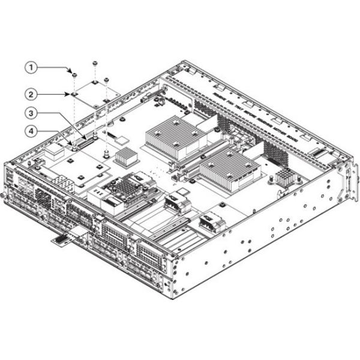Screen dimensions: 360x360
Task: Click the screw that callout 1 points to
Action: point(73,75)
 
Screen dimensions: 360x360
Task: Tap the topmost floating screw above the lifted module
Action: point(95,63)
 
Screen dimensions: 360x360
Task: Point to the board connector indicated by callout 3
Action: point(91,139)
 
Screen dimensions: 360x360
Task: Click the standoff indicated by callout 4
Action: point(73,145)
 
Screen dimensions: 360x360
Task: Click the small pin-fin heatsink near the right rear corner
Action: point(284,176)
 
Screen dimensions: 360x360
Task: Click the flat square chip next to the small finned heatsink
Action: point(124,140)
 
